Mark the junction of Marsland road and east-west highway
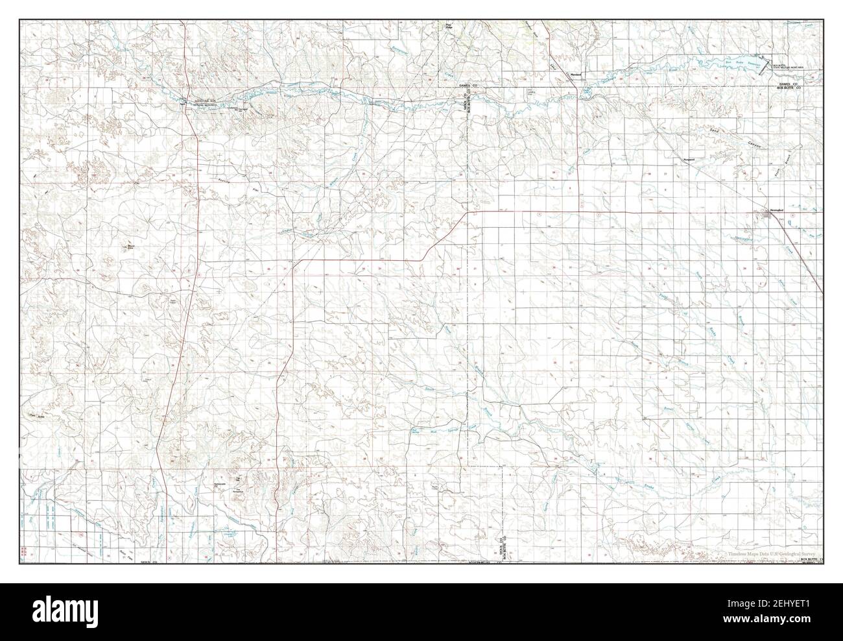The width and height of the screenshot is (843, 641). point(576,212)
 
